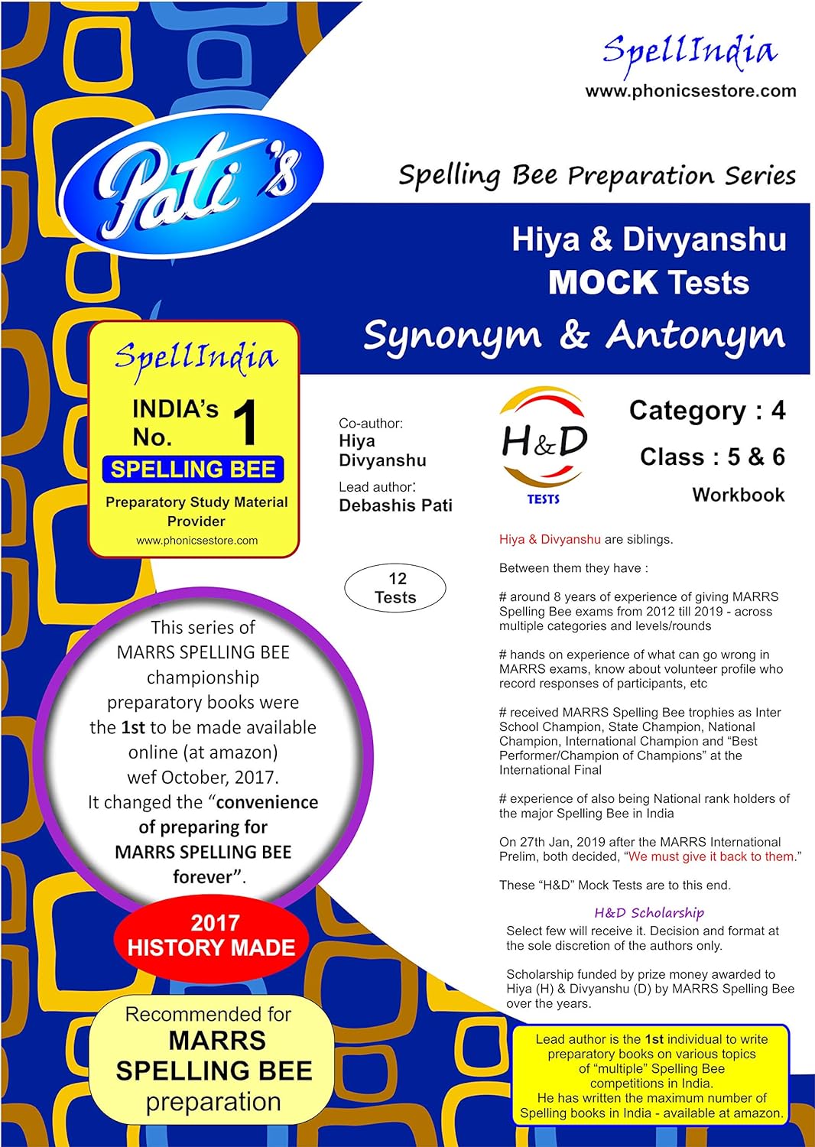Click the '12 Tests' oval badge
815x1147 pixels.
click(395, 588)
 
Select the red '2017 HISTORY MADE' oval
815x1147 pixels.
click(211, 935)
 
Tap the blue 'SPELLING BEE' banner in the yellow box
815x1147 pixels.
click(193, 470)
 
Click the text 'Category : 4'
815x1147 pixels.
click(706, 411)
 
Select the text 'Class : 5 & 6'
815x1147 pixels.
click(712, 457)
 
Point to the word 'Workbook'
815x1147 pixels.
click(738, 495)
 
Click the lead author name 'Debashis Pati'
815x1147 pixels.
click(395, 505)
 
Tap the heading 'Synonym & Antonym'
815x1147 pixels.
click(573, 336)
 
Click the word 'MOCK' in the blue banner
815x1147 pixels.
click(602, 283)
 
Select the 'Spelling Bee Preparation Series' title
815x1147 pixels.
click(596, 176)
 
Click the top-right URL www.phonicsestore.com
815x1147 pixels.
click(690, 91)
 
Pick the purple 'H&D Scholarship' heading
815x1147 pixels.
click(649, 912)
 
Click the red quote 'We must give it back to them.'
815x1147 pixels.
click(711, 856)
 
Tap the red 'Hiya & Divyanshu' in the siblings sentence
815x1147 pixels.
click(550, 539)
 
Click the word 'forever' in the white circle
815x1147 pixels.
click(202, 876)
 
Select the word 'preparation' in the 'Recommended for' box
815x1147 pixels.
click(213, 1102)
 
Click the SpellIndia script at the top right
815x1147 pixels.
click(690, 52)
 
